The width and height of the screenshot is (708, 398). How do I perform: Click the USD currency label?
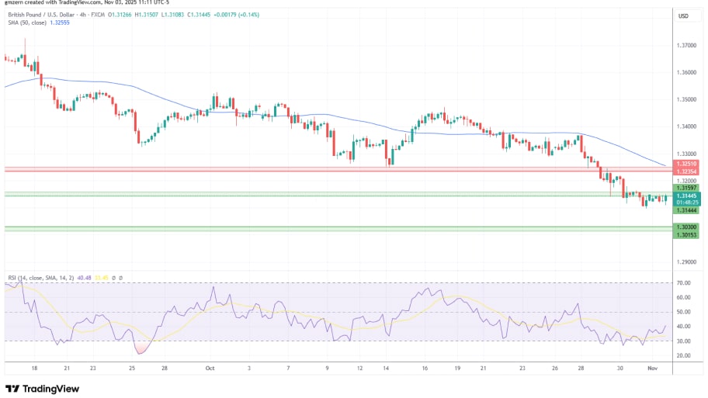(x=684, y=16)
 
